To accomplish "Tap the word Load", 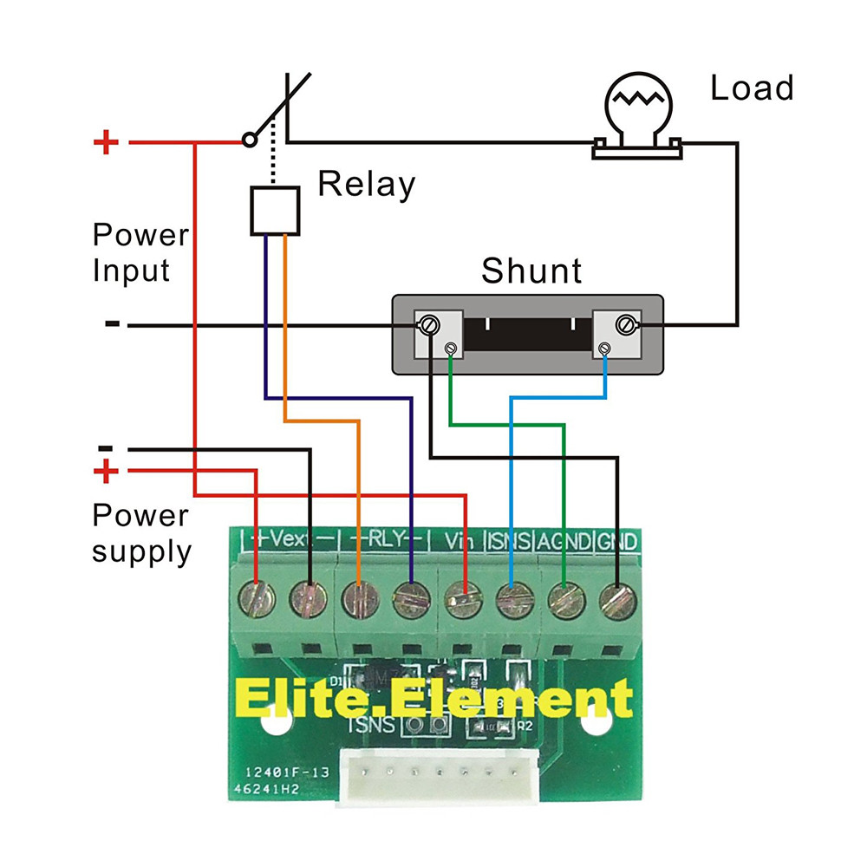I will [x=752, y=88].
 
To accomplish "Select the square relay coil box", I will [x=275, y=211].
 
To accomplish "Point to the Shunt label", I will [x=531, y=271].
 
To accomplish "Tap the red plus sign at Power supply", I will [x=106, y=473].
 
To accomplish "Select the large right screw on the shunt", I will [x=624, y=325].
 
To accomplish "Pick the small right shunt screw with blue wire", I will [x=605, y=349].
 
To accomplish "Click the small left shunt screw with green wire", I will [x=450, y=349].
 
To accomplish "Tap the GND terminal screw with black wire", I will [x=616, y=598].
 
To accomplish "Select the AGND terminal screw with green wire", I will [x=564, y=598].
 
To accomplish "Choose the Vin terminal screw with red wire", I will [x=462, y=598].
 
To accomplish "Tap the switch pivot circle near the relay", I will [x=250, y=139].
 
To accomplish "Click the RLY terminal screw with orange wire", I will [x=358, y=598].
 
